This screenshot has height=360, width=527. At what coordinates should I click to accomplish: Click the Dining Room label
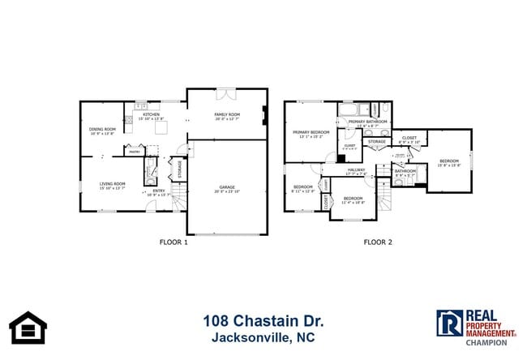(102, 129)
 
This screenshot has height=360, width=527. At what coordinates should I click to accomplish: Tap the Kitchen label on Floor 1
(152, 115)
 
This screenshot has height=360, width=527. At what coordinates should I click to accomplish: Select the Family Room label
(227, 115)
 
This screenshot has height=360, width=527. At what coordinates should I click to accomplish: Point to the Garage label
(227, 186)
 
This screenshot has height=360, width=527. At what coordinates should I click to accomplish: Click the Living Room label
(112, 184)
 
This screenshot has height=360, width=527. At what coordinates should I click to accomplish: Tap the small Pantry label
(132, 151)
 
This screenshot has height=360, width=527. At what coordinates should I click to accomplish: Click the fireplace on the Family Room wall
(264, 115)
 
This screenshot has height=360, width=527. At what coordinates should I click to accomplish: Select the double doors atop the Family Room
(227, 91)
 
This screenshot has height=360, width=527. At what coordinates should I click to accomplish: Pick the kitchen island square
(161, 127)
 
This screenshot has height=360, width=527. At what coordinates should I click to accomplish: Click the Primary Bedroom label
(311, 132)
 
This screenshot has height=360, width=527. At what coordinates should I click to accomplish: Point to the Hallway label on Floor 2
(357, 170)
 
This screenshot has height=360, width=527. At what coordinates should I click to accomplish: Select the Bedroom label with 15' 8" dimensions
(448, 161)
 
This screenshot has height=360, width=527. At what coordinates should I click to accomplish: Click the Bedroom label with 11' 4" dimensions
(353, 199)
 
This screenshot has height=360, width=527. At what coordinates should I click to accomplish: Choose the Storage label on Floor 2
(377, 142)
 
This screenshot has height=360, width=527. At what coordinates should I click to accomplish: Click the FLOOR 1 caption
(174, 242)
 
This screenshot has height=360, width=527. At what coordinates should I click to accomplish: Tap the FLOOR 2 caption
(378, 242)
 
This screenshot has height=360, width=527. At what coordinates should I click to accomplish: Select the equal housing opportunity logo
(28, 327)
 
